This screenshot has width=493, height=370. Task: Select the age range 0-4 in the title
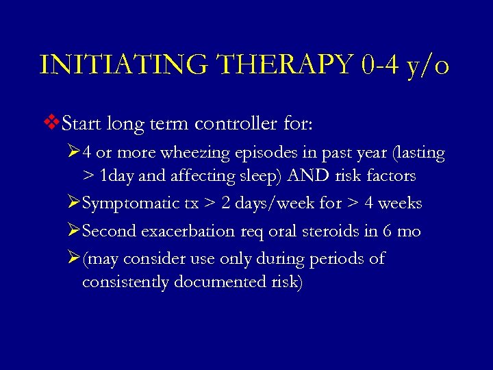tap(373, 65)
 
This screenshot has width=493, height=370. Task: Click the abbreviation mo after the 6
tap(409, 232)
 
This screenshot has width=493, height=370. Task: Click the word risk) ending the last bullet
tap(286, 282)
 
